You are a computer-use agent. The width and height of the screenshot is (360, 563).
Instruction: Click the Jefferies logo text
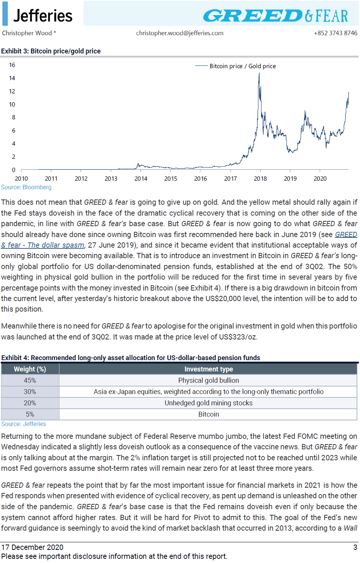pos(43,15)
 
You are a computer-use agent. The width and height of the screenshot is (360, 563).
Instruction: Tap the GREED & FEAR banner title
pos(276,16)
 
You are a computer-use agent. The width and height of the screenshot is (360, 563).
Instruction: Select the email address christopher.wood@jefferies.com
pos(180,33)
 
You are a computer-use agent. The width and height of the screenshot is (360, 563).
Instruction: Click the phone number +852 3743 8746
pos(336,33)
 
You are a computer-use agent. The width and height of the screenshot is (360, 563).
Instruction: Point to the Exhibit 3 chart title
pos(51,51)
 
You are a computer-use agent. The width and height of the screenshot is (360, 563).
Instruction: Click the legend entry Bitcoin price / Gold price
pos(243,66)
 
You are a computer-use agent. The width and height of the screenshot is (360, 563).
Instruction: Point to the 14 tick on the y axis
pos(12,78)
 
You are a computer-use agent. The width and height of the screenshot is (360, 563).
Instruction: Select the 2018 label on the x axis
pos(260,178)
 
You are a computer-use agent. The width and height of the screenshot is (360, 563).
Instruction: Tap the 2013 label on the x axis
pos(111,178)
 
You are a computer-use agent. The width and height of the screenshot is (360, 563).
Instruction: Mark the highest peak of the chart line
pos(259,73)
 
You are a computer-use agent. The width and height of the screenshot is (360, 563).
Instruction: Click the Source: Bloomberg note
pos(26,187)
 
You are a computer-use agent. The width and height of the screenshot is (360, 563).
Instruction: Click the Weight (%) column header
pos(30,369)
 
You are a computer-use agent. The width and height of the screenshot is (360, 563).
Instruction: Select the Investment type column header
pos(209,369)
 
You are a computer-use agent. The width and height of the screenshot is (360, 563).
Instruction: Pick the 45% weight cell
pos(30,380)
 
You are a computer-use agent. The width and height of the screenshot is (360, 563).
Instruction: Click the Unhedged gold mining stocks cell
pos(208,403)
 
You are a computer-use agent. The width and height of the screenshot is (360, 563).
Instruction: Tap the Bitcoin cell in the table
pos(208,414)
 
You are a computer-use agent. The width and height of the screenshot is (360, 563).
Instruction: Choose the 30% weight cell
pos(30,392)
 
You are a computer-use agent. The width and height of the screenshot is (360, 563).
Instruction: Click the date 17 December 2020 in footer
pos(32,547)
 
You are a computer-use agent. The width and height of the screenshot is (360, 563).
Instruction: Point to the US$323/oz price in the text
pos(238,337)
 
